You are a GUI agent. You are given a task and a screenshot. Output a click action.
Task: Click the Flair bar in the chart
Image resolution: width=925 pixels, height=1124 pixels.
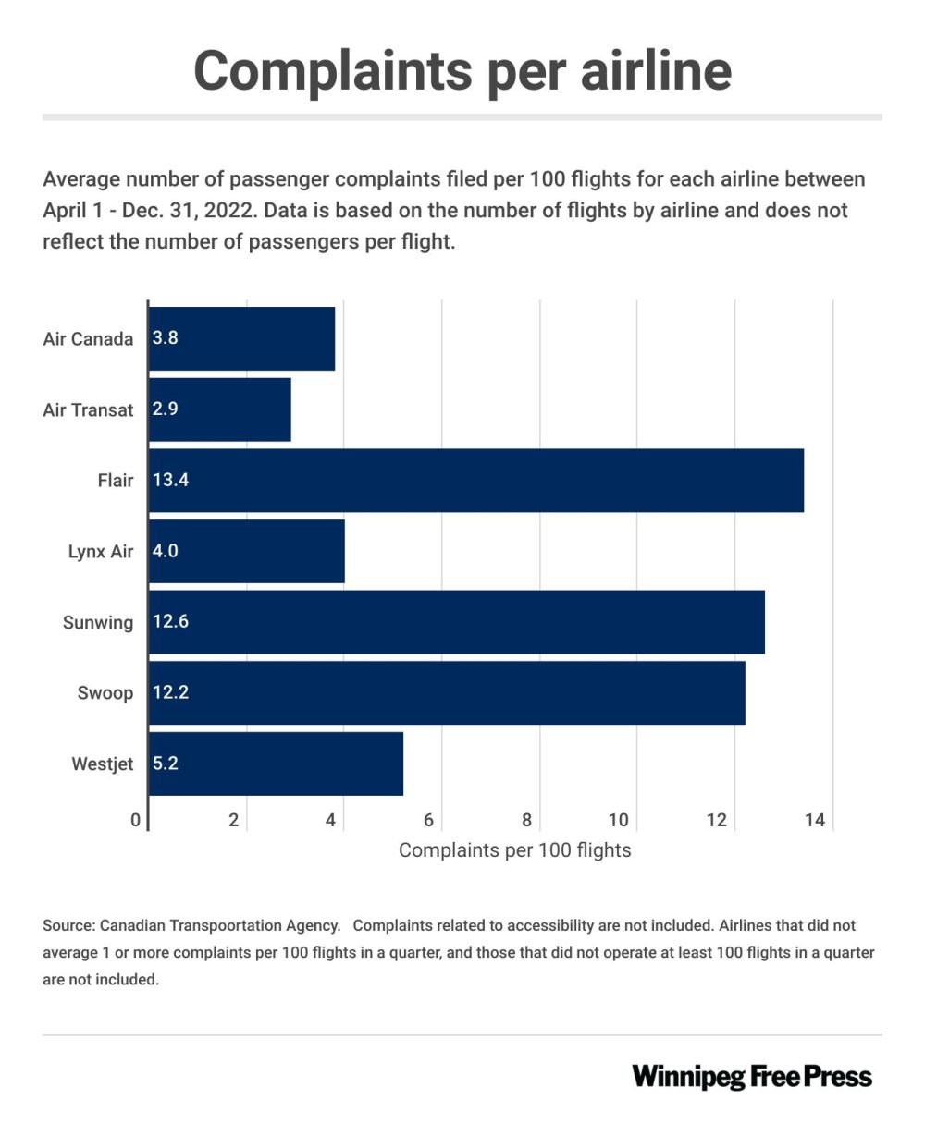pyautogui.click(x=475, y=480)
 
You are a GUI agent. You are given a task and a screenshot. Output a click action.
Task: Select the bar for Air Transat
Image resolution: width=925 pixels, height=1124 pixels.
pyautogui.click(x=220, y=409)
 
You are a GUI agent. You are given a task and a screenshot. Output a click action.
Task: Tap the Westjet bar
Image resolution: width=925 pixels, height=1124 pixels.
pyautogui.click(x=276, y=764)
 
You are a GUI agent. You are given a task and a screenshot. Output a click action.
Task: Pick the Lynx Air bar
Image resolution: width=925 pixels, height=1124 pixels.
pyautogui.click(x=246, y=551)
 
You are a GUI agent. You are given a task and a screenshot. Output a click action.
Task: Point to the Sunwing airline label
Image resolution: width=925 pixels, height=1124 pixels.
pyautogui.click(x=98, y=622)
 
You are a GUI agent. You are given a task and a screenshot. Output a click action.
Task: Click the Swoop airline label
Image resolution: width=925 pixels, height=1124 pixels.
pyautogui.click(x=105, y=693)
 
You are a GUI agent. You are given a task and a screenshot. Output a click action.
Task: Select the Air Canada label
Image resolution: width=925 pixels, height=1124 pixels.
pyautogui.click(x=88, y=338)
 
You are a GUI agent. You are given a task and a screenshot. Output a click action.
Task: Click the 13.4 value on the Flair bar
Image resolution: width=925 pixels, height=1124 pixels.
pyautogui.click(x=170, y=480)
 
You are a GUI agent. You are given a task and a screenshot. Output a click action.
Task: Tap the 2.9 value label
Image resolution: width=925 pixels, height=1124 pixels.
pyautogui.click(x=166, y=409)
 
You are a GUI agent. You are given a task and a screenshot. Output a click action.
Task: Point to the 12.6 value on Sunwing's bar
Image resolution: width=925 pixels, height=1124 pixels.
pyautogui.click(x=170, y=622)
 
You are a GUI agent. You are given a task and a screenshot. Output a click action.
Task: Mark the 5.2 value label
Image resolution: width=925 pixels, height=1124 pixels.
pyautogui.click(x=166, y=764)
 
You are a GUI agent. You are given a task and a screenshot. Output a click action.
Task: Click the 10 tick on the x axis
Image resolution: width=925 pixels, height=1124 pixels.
pyautogui.click(x=618, y=820)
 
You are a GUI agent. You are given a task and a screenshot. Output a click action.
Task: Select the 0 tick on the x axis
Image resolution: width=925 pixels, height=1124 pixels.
pyautogui.click(x=136, y=820)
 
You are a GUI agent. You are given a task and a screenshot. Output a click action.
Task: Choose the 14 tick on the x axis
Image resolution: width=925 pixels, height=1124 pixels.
pyautogui.click(x=814, y=820)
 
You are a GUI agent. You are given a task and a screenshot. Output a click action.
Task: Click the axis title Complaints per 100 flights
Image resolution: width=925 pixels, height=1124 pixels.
pyautogui.click(x=514, y=850)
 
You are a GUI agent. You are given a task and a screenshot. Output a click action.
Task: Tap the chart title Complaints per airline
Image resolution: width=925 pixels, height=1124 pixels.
pyautogui.click(x=462, y=69)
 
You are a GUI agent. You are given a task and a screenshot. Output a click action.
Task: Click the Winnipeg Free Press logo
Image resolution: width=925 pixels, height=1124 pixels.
pyautogui.click(x=752, y=1077)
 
